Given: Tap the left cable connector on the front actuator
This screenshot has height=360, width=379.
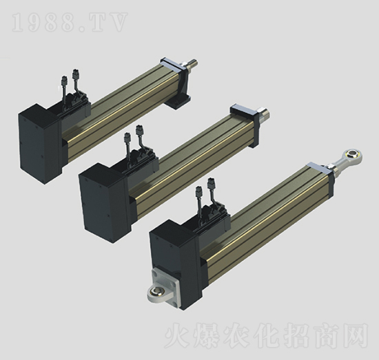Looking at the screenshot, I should (200, 191).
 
